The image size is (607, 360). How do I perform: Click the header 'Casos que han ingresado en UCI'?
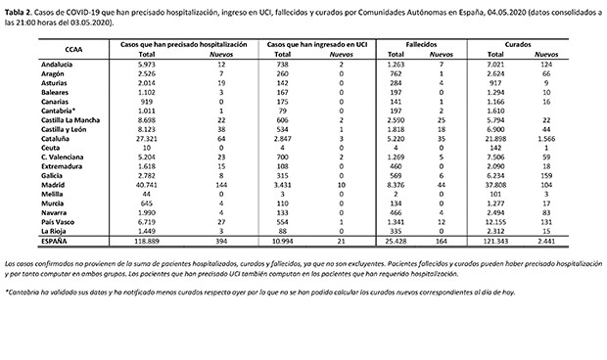click(x=308, y=46)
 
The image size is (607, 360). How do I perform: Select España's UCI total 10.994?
click(x=281, y=239)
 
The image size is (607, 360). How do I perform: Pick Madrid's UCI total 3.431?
click(x=281, y=182)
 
